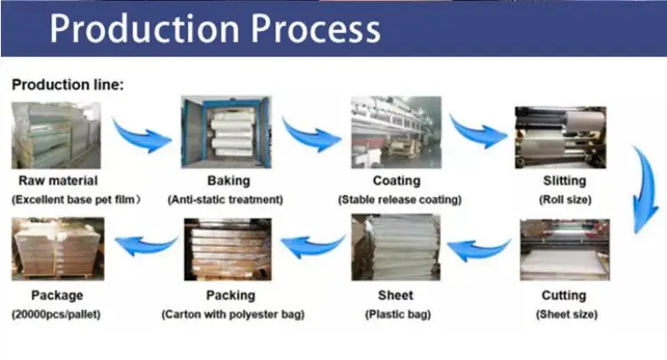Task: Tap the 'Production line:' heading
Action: [x=67, y=84]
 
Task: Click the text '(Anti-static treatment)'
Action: [x=225, y=200]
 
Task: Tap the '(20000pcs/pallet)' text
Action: [x=56, y=314]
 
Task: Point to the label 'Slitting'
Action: [x=565, y=181]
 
